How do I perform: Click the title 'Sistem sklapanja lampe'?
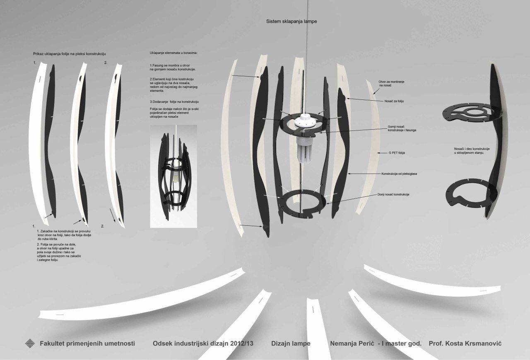tap(291, 21)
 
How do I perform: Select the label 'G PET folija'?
tap(396, 153)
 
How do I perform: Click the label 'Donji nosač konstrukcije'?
tap(393, 194)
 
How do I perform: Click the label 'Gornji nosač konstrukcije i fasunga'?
tap(402, 128)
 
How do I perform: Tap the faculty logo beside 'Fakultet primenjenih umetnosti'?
tap(31, 343)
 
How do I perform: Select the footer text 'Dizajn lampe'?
tap(291, 344)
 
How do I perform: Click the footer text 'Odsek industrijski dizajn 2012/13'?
tap(203, 344)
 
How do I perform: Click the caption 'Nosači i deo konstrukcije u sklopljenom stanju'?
tap(472, 150)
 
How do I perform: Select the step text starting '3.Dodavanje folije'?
tap(174, 101)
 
